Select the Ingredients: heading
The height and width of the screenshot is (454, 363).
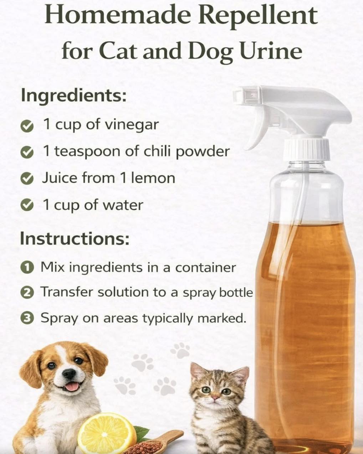point(74,96)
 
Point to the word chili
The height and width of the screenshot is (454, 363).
point(157,151)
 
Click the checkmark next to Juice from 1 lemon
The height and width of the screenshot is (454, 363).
point(27,179)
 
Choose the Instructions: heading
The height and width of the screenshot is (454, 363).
point(75,238)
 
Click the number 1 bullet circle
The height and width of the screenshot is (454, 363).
point(27,268)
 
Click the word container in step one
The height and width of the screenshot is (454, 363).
point(205,268)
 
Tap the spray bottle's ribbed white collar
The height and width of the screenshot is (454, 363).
point(306,149)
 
